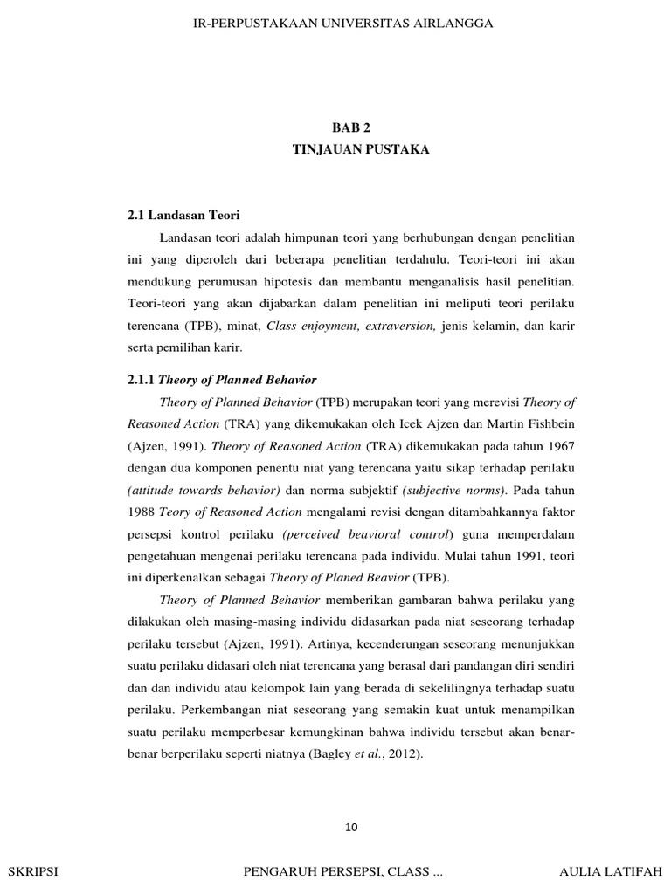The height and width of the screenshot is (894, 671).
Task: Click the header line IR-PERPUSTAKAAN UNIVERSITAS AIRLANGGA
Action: (342, 24)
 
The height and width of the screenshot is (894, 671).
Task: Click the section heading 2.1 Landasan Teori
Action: (183, 215)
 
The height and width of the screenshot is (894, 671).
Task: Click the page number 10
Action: (353, 828)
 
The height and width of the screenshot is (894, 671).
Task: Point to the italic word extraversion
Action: (400, 325)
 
